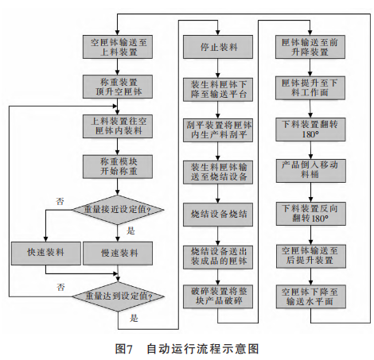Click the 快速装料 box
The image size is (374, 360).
pyautogui.click(x=45, y=253)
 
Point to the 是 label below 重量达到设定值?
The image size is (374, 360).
pyautogui.click(x=133, y=318)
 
